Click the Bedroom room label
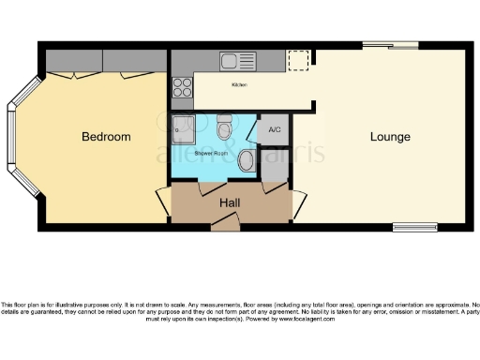coord(106,137)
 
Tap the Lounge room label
coord(389,137)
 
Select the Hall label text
coord(231,202)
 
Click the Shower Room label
coord(211,151)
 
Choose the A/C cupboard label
coord(276,128)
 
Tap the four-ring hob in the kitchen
coord(182,87)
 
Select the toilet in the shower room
coord(224,125)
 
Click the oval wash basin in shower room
coord(247,161)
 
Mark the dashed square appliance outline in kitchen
coord(298,60)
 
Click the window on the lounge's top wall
coord(391,44)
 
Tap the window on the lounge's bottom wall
coord(415,226)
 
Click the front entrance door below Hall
coord(225,223)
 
